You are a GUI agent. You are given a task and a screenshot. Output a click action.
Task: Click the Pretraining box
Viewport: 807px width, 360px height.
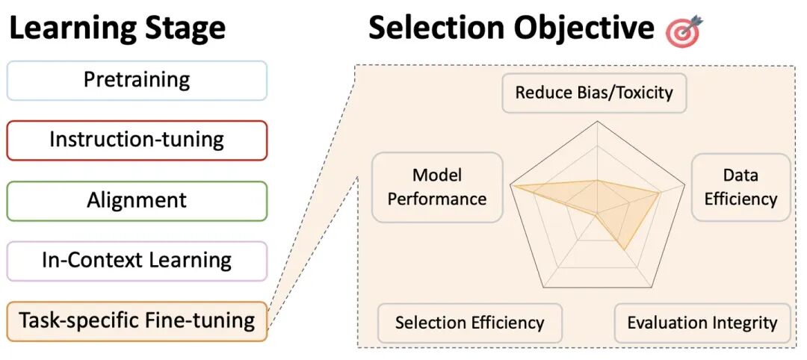pyautogui.click(x=137, y=80)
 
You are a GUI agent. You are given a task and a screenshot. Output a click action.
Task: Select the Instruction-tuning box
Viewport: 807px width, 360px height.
pyautogui.click(x=137, y=140)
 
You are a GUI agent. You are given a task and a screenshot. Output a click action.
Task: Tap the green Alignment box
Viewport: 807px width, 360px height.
pyautogui.click(x=137, y=200)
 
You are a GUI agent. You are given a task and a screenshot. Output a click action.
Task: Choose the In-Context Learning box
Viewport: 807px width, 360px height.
pyautogui.click(x=137, y=261)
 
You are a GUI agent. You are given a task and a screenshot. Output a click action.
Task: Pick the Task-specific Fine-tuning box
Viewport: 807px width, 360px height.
pyautogui.click(x=137, y=321)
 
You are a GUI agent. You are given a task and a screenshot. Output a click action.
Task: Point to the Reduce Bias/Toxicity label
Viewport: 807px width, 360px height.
pyautogui.click(x=594, y=93)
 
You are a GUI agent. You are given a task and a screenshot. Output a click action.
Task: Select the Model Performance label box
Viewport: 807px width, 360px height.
pyautogui.click(x=437, y=187)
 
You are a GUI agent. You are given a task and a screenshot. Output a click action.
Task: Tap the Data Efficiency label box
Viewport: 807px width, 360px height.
pyautogui.click(x=740, y=187)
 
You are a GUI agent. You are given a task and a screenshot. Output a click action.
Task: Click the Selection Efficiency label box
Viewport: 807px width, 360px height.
pyautogui.click(x=469, y=323)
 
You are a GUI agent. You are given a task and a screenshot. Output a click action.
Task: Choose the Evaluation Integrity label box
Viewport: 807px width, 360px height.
pyautogui.click(x=702, y=323)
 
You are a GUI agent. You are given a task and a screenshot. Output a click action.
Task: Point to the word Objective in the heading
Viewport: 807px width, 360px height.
pyautogui.click(x=583, y=28)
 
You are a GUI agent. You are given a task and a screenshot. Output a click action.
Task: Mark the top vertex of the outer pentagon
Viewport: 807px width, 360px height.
pyautogui.click(x=598, y=122)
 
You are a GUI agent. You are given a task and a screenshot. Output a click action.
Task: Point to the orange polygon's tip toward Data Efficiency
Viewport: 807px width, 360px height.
pyautogui.click(x=660, y=193)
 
